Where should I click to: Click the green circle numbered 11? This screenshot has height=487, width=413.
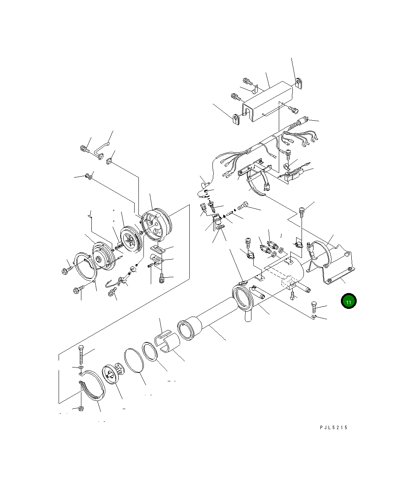tap(349, 302)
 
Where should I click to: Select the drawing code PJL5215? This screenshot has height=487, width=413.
tap(334, 427)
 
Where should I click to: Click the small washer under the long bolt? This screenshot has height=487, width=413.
tap(81, 369)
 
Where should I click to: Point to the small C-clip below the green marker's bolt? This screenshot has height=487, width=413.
tap(314, 317)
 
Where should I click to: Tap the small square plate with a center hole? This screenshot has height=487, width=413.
tap(110, 161)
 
